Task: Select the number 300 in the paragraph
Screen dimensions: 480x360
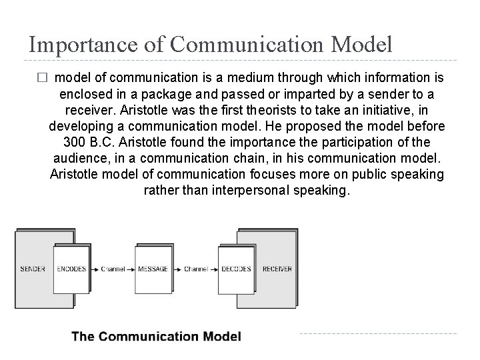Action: click(x=75, y=142)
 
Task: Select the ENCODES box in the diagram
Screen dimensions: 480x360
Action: click(x=72, y=269)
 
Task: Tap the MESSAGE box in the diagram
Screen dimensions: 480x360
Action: click(x=153, y=269)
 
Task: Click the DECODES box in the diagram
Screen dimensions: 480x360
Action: click(x=236, y=269)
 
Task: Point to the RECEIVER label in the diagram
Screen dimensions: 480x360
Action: click(x=277, y=269)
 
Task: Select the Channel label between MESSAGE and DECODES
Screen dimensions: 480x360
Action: click(x=194, y=269)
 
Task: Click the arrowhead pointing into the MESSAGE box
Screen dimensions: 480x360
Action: click(x=133, y=269)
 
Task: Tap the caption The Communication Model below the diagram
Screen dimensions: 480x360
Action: click(x=156, y=337)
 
